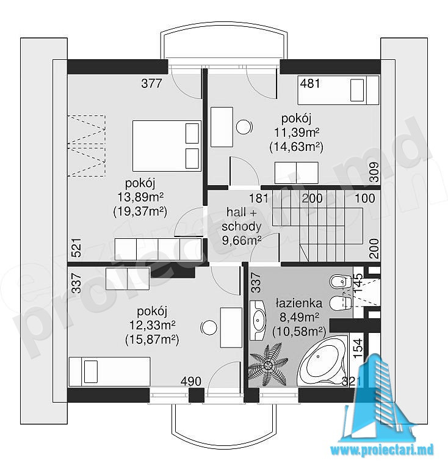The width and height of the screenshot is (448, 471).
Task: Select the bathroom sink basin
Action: (x=258, y=320)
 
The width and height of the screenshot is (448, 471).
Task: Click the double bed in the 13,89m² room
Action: (x=167, y=145)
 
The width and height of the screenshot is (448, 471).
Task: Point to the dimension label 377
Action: (x=152, y=84)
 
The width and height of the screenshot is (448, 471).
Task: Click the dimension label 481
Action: (x=310, y=83)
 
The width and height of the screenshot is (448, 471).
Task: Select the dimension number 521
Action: (x=77, y=248)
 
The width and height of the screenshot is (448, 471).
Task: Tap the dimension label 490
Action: (x=191, y=381)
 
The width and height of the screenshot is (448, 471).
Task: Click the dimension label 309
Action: (x=374, y=172)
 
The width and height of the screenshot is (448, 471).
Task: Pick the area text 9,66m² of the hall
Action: (x=242, y=240)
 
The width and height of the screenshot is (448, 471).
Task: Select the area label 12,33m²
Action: (x=153, y=325)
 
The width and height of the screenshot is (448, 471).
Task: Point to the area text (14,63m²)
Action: (x=296, y=147)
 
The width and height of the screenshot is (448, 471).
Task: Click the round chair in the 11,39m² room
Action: (x=244, y=127)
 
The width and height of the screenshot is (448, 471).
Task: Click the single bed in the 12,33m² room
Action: (x=109, y=371)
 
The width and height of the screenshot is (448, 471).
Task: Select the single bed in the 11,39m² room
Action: (x=338, y=90)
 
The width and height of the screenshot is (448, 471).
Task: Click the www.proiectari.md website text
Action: (x=382, y=450)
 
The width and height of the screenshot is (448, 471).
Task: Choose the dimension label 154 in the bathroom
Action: (x=358, y=348)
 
